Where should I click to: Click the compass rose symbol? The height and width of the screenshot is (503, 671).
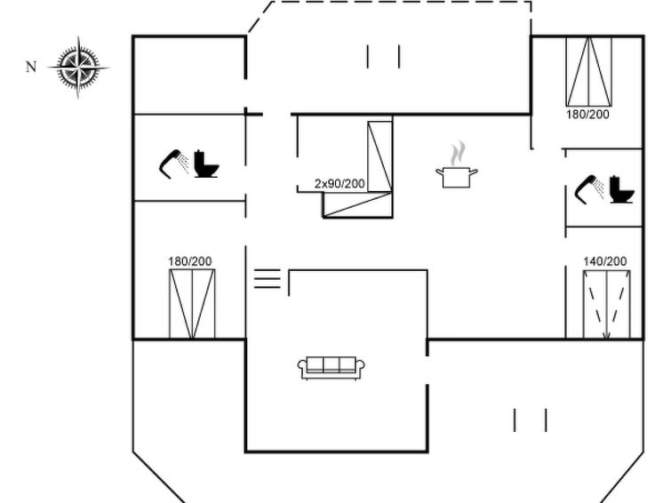(x=78, y=68)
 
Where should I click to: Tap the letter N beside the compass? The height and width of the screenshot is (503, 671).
(x=31, y=67)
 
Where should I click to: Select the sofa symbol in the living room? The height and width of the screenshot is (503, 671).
(x=332, y=368)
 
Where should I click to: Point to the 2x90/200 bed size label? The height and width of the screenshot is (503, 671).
(x=339, y=184)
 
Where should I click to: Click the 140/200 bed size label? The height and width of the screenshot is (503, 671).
(x=605, y=261)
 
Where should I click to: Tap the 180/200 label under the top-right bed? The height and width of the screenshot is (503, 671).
(x=587, y=115)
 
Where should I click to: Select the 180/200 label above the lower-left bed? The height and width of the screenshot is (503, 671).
(x=190, y=261)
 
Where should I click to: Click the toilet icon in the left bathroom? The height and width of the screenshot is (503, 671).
(x=206, y=164)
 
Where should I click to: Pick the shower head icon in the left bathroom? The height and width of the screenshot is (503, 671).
(x=173, y=163)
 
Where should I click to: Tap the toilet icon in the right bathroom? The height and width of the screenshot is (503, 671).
(x=622, y=189)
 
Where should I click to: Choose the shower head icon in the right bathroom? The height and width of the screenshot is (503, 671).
(x=589, y=188)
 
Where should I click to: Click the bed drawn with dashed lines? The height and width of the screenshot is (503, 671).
(x=606, y=305)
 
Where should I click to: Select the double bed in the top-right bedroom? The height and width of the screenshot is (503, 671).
(x=589, y=72)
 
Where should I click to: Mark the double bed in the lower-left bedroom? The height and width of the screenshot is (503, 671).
(x=192, y=304)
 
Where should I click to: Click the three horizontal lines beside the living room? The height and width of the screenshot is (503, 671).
(x=268, y=278)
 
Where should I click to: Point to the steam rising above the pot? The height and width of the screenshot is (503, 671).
(x=458, y=153)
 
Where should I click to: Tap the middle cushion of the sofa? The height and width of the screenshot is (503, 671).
(x=332, y=364)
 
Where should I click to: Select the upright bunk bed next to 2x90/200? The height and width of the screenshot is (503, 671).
(x=380, y=156)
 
